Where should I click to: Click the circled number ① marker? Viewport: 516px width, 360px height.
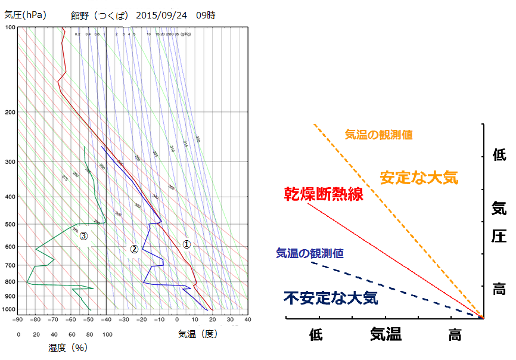[186, 244]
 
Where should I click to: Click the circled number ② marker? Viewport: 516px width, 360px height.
[135, 249]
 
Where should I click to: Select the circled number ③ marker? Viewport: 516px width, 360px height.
[84, 236]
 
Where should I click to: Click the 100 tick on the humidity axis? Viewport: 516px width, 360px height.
[107, 334]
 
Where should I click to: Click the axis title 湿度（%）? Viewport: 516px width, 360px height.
[67, 347]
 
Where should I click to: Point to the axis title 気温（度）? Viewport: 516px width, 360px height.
[197, 334]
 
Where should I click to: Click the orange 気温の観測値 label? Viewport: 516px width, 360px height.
[378, 135]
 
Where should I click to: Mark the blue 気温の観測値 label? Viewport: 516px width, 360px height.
[309, 253]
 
